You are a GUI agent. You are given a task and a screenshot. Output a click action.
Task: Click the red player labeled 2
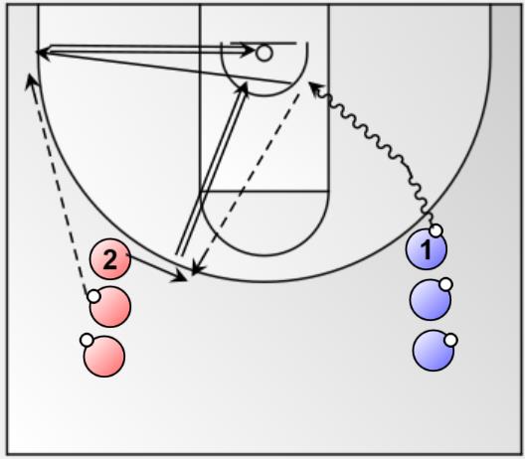pos(110,259)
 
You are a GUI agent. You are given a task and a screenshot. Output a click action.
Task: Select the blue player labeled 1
pos(427,249)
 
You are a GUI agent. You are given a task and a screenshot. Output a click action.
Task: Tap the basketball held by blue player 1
pos(436,230)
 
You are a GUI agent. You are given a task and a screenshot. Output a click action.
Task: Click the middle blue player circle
pos(431,300)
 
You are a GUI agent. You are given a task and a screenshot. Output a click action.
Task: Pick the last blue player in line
pos(434,351)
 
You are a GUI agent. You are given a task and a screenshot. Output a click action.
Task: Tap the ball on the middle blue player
pos(445,284)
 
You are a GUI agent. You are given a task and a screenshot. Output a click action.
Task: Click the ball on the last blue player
pos(451,340)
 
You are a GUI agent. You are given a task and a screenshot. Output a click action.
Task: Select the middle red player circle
pos(110,306)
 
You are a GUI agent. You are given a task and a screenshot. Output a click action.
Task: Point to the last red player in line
pos(104,357)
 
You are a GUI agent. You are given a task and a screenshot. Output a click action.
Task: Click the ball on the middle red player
pos(93,296)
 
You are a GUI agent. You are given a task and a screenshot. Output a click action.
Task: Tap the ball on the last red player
pos(87,340)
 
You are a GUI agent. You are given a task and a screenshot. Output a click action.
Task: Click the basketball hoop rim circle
pos(264,54)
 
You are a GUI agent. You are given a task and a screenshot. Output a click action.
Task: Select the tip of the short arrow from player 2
pos(186,280)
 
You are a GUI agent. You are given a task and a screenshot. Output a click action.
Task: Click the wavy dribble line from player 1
pos(370,139)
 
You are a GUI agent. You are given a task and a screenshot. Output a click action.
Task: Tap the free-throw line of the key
pos(264,192)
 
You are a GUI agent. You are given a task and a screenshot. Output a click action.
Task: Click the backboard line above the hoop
pos(263,43)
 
